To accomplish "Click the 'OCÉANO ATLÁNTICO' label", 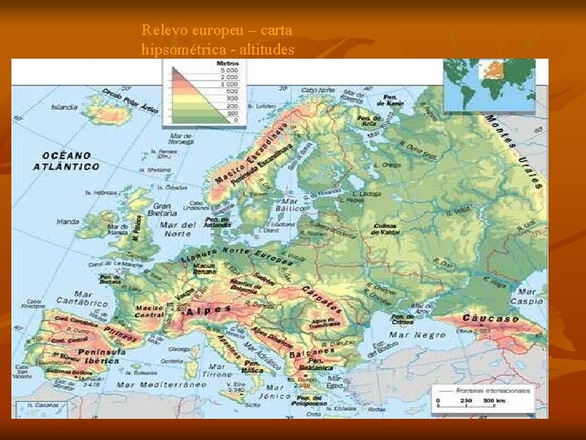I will coord(67,161).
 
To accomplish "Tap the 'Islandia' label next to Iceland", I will coord(65,107).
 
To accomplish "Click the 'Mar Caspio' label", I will coord(525,296).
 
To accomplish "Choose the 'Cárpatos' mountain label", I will coord(321,297).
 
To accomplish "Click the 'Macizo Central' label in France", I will coord(149,310).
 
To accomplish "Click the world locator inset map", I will coord(489,85).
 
